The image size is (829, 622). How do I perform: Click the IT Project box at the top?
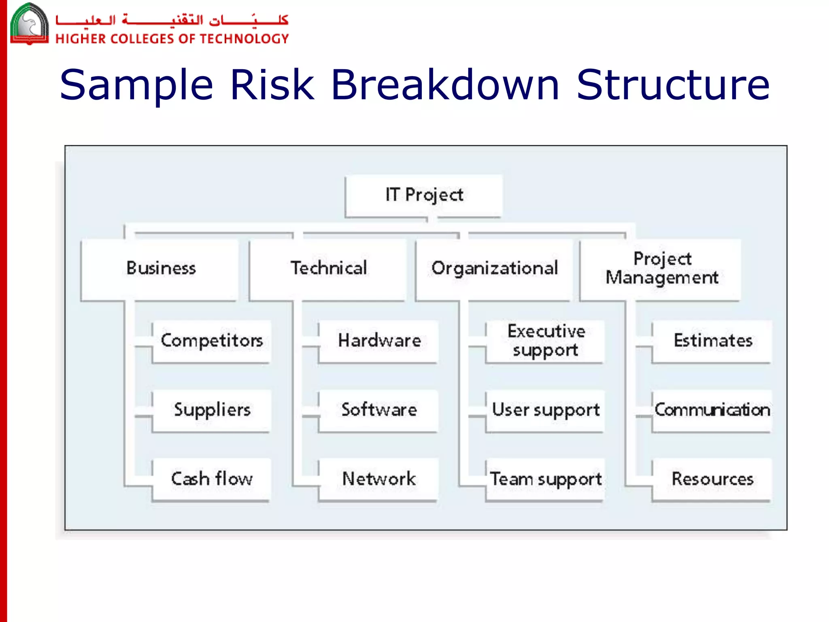point(424,196)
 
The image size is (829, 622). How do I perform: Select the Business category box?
point(160,268)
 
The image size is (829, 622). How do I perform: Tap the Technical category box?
point(328,268)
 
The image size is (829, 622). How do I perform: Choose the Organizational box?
point(494,268)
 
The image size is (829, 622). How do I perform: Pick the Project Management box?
point(661,268)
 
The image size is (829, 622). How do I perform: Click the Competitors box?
point(211,341)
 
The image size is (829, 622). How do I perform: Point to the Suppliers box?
point(211,410)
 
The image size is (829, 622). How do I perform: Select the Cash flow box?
point(211,479)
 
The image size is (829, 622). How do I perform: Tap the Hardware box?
point(379,341)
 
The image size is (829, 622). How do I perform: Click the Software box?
point(379,410)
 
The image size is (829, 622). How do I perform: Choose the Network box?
point(379,479)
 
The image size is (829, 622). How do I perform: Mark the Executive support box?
point(546,341)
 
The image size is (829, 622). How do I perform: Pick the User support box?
point(546,410)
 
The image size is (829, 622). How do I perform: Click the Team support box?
point(546,479)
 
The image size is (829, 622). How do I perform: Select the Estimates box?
point(712,341)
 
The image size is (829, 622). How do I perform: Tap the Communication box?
point(712,410)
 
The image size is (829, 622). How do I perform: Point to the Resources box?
point(712,479)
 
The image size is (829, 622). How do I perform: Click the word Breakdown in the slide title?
point(445,85)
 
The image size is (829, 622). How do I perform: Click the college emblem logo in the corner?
point(29,23)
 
